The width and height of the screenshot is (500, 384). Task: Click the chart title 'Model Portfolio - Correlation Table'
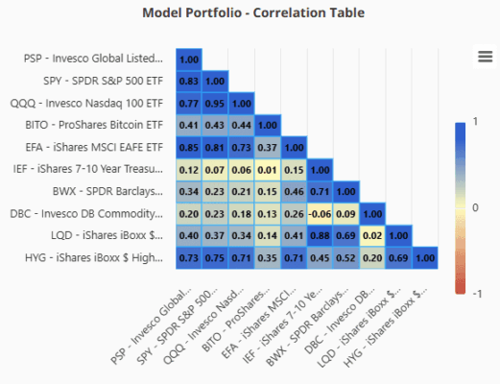click(x=253, y=13)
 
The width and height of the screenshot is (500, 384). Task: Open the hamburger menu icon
click(x=485, y=57)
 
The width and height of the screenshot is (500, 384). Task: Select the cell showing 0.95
click(x=215, y=104)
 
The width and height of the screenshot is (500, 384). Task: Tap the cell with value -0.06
click(x=320, y=214)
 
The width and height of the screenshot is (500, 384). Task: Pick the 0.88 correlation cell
click(x=320, y=236)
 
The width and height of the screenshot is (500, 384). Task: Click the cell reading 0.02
click(x=372, y=236)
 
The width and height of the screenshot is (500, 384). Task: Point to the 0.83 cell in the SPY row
click(x=189, y=82)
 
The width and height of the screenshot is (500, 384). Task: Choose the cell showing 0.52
click(x=346, y=258)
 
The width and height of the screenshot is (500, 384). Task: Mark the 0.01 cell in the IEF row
click(x=268, y=170)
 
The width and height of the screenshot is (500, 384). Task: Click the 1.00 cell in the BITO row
click(x=268, y=125)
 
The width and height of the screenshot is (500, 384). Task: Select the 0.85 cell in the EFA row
click(x=189, y=148)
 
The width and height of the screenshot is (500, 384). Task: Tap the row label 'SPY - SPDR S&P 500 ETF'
click(x=103, y=81)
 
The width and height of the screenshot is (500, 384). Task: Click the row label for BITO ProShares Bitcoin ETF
click(x=94, y=125)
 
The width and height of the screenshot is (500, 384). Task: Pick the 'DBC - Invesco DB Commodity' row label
click(x=86, y=213)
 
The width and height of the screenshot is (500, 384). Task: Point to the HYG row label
click(x=94, y=257)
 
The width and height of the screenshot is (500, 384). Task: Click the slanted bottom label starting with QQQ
click(x=203, y=326)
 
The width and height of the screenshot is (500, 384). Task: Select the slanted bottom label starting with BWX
click(x=307, y=327)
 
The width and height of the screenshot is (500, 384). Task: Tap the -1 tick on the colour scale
click(x=477, y=294)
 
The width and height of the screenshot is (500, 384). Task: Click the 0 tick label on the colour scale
click(x=475, y=207)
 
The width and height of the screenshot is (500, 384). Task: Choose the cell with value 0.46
click(x=294, y=192)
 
